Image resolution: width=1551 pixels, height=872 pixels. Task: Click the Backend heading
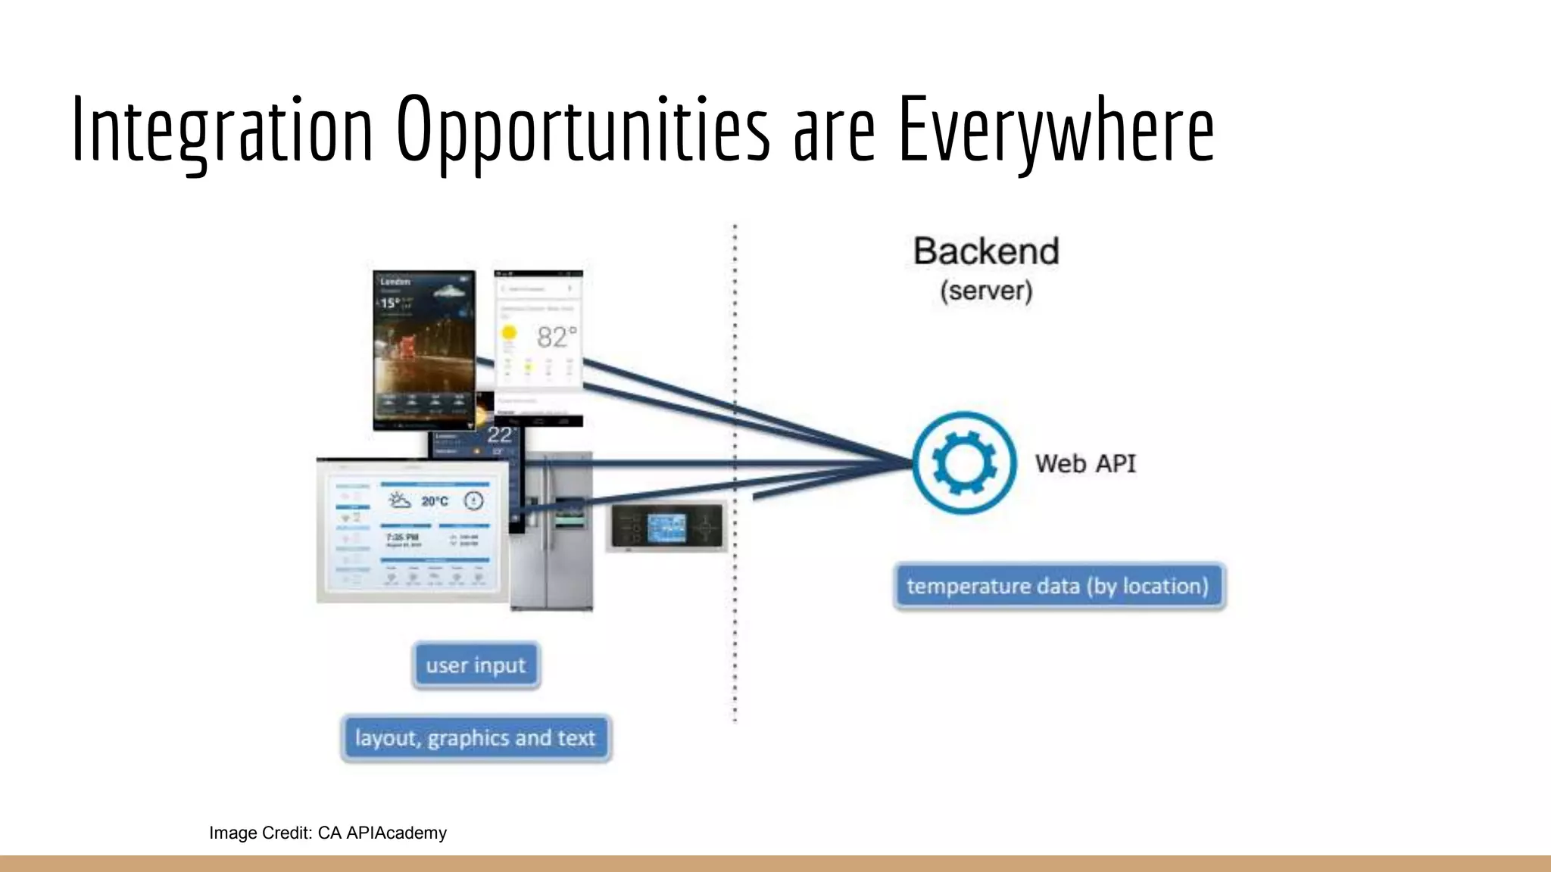986,251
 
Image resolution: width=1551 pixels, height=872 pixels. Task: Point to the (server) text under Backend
986,291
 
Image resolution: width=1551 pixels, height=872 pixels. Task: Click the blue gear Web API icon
964,462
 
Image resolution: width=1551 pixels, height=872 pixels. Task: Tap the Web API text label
1085,463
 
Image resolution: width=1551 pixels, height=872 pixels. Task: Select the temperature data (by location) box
1059,586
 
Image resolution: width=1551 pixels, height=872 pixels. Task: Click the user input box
476,665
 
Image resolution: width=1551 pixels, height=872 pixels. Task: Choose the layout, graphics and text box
476,738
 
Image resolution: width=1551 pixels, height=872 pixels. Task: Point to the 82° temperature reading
557,337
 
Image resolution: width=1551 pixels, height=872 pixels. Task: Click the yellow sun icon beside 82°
509,332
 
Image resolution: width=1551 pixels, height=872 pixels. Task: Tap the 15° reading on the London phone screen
390,303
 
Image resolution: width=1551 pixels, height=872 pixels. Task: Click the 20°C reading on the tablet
435,501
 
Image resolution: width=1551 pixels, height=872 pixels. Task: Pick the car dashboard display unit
666,525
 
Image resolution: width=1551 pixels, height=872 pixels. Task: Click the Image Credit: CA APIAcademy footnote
328,833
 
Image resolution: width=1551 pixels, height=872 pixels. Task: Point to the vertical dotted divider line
735,606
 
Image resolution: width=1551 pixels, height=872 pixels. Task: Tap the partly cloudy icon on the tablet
399,500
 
